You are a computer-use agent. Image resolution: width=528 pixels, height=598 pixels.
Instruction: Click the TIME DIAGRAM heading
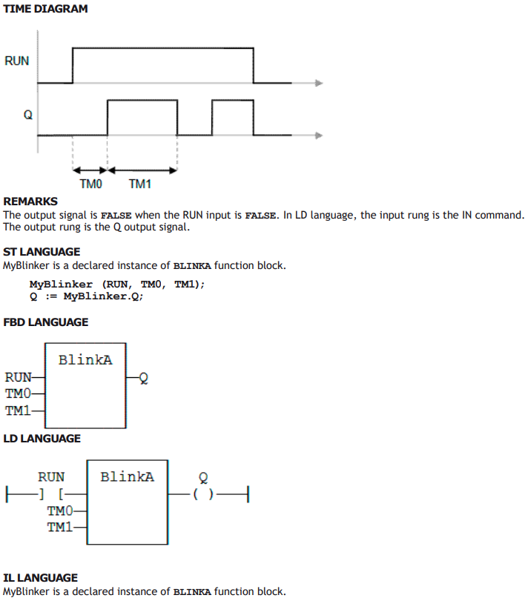45,9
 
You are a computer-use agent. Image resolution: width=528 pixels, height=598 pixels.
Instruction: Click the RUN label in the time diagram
17,61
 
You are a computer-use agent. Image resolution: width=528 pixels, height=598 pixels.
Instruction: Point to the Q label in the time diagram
28,115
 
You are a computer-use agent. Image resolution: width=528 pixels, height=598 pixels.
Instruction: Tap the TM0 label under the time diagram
91,185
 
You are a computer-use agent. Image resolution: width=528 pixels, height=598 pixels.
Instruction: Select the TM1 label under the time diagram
140,185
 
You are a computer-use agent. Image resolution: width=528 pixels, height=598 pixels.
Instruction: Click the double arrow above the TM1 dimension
142,170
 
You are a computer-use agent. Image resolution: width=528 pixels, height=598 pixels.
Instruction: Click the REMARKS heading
30,202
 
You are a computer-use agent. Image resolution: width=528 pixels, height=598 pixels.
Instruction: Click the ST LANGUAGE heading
42,252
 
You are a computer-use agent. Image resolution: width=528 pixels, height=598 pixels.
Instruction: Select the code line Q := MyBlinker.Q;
86,296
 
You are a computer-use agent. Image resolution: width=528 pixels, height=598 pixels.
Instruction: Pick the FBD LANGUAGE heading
46,322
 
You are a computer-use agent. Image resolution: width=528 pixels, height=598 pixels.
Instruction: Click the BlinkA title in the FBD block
85,359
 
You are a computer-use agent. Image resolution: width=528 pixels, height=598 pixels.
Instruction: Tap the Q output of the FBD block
144,378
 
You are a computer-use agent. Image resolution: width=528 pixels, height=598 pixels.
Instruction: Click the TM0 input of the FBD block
18,393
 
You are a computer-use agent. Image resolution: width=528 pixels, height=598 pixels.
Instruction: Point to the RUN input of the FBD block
18,377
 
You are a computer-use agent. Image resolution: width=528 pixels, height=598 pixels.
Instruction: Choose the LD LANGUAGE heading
42,439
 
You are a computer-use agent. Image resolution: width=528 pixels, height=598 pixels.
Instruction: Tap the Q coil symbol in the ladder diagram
203,495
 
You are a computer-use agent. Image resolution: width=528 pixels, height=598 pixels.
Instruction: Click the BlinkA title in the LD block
127,476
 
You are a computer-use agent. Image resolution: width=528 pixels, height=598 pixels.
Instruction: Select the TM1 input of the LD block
60,527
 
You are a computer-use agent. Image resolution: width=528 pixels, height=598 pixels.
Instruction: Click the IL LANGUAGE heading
41,578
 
